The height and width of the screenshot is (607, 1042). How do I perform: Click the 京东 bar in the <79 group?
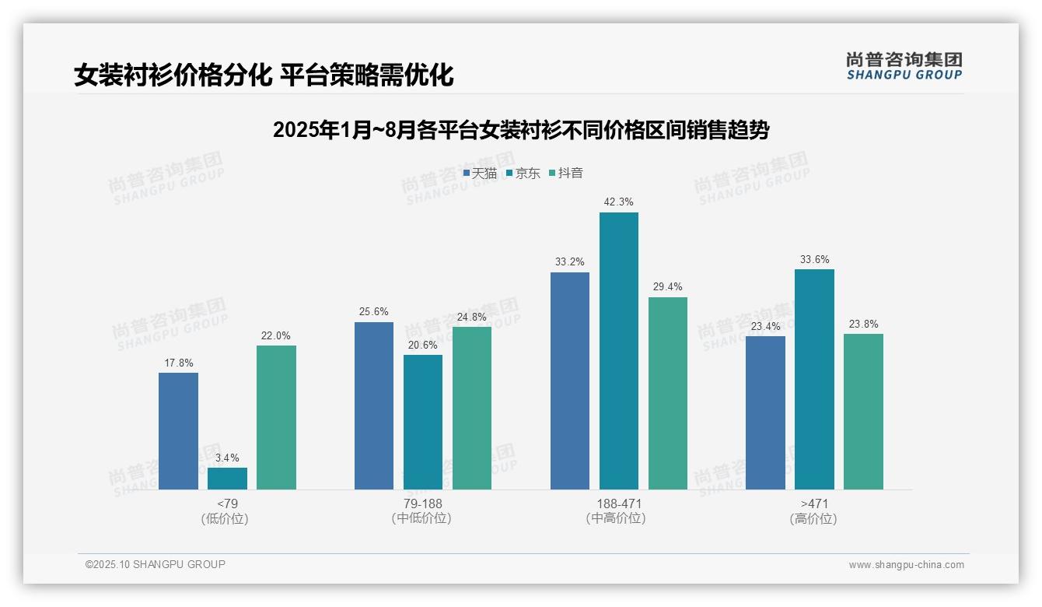(227, 478)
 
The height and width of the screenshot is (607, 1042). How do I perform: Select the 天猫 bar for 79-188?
(374, 405)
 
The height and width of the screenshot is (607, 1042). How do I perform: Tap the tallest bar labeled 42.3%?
(619, 350)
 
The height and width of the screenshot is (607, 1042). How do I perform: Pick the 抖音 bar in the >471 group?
(863, 411)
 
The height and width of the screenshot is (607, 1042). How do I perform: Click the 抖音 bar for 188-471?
(668, 393)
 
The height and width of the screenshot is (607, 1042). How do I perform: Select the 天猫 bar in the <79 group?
(178, 430)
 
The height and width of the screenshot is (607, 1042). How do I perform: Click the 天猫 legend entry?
(480, 174)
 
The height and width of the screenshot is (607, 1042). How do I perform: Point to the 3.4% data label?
(227, 458)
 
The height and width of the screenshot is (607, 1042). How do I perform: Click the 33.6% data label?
(814, 259)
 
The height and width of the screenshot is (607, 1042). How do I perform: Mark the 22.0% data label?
(276, 335)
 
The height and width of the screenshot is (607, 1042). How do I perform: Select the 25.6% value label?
(374, 312)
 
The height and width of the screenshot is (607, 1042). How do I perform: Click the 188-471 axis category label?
(619, 503)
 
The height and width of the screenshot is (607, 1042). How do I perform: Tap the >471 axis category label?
(814, 503)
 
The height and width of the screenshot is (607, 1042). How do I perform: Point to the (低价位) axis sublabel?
(227, 518)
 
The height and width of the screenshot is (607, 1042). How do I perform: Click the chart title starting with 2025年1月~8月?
(520, 130)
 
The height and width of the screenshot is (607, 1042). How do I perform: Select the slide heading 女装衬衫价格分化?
(264, 75)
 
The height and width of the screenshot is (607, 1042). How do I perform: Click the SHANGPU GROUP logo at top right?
(904, 65)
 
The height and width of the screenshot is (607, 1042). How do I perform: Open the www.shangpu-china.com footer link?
(906, 565)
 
